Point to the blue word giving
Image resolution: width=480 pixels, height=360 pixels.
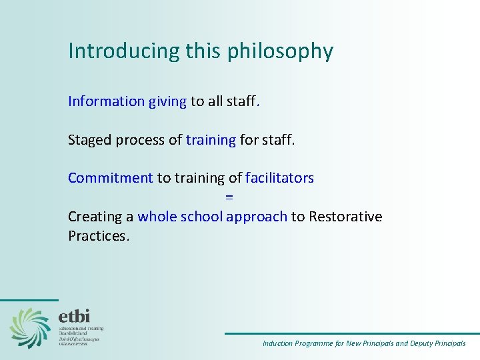coord(167,102)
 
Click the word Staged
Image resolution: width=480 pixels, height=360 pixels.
coord(90,140)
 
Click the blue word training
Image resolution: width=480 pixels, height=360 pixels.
coord(211,140)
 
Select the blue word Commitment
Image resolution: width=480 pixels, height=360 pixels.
coord(111,178)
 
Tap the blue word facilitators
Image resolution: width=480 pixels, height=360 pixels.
coord(279,178)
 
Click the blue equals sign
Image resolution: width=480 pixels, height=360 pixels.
coord(229,197)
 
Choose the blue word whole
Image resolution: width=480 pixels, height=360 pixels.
coord(157,217)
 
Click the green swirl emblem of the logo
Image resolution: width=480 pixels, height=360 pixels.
coord(29,327)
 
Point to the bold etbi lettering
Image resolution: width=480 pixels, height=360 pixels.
coord(74,316)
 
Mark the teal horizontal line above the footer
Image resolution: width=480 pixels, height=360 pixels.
coord(351,333)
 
